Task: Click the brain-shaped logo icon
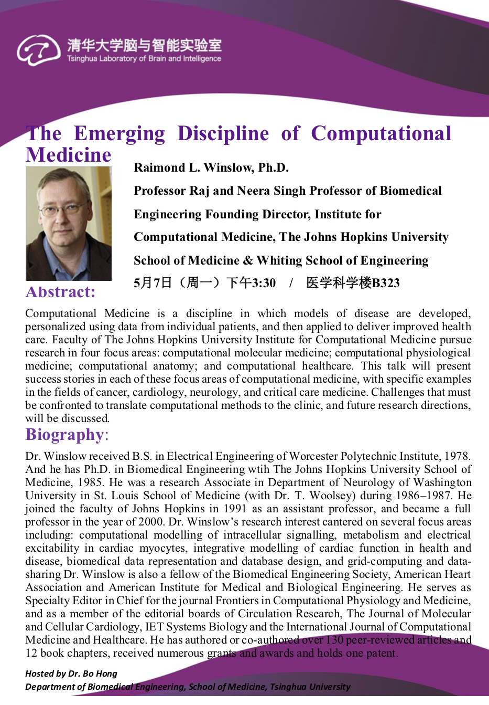pos(38,50)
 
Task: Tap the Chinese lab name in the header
pos(144,45)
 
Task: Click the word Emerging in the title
pos(119,133)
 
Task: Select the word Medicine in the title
pos(69,155)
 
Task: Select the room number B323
pos(386,283)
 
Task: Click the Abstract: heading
pos(60,292)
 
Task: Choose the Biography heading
pos(65,435)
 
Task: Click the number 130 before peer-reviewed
pos(334,640)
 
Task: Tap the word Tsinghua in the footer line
pos(288,687)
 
